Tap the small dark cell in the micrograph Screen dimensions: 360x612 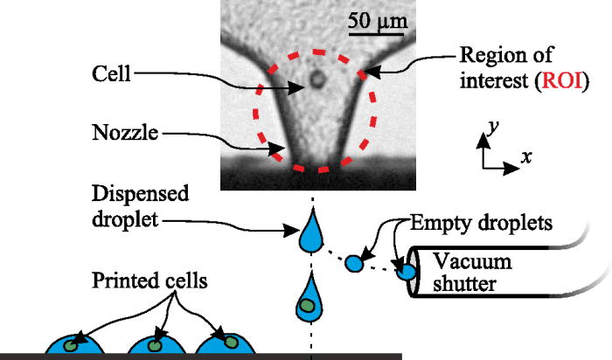tap(316, 82)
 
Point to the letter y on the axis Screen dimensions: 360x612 tap(494, 128)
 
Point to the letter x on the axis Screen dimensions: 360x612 tap(527, 158)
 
